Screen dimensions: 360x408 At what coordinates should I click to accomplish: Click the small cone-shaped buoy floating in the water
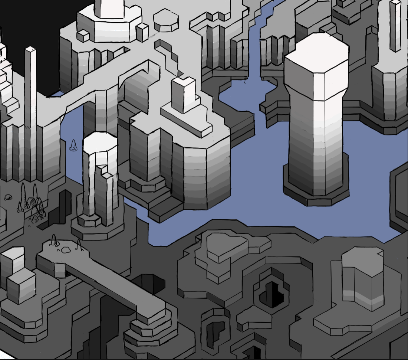point(73,146)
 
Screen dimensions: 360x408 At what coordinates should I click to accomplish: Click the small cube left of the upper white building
point(83,36)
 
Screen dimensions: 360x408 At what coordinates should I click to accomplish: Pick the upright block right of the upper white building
point(142,32)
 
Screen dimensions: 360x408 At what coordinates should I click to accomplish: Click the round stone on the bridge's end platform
point(66,250)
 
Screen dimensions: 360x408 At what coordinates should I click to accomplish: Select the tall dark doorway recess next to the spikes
point(65,206)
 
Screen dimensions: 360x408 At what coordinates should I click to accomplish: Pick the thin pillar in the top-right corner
point(395,26)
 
